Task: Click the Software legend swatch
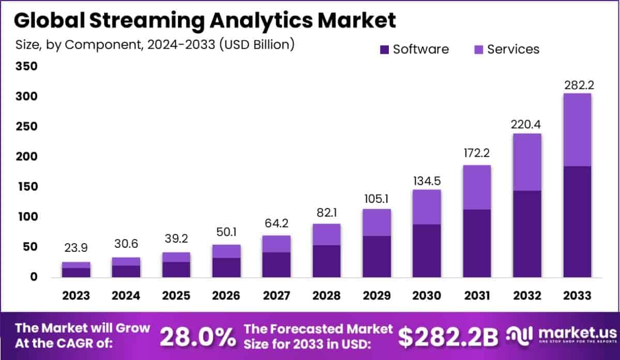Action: coord(384,50)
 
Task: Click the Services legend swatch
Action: coord(479,50)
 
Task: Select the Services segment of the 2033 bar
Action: coord(577,130)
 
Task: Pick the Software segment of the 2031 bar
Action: coord(476,243)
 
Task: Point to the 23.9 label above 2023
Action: coord(76,247)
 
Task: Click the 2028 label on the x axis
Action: coord(326,296)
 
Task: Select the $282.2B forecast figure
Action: coord(448,337)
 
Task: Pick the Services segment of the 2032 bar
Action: coord(527,162)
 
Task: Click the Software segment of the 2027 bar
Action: coord(276,264)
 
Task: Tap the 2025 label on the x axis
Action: coord(176,296)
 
